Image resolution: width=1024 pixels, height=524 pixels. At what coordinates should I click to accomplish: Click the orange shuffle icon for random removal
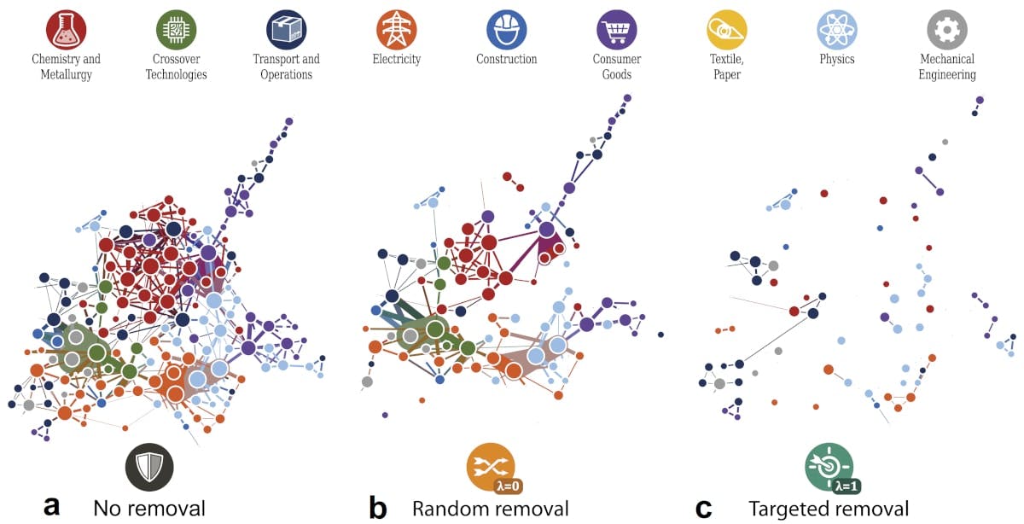point(489,465)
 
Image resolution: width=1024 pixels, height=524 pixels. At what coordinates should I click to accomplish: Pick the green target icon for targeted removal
point(828,465)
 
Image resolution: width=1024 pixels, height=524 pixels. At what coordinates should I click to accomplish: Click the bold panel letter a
point(52,508)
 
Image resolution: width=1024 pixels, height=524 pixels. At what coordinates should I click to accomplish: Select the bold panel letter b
point(378,508)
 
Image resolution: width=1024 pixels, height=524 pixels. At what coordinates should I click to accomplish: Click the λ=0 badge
point(507,486)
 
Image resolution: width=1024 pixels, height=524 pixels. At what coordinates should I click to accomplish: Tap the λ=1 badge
point(847,486)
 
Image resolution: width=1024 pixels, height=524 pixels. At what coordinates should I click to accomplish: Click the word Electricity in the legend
point(397,60)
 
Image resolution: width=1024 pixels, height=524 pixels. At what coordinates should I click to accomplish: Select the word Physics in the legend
point(837,60)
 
